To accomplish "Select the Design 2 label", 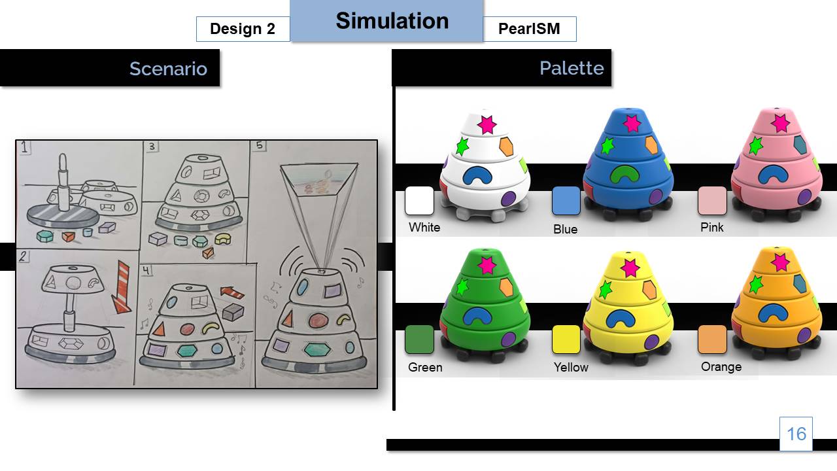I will pos(243,29).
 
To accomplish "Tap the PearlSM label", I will pos(529,29).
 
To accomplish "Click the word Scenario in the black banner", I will pos(168,69).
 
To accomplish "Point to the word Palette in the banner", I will pos(571,68).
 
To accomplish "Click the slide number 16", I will pos(796,434).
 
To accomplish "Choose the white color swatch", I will pos(419,201).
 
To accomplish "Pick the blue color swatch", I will pos(566,201).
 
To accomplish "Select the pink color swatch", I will pos(713,201).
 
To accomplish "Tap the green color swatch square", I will pos(419,340).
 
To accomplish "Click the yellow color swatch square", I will pos(566,340).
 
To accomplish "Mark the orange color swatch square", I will pos(713,340).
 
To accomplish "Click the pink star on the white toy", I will pos(486,124).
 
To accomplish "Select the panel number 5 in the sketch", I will pos(260,146).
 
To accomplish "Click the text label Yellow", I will pos(571,368).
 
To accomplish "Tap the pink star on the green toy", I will pos(486,265).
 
